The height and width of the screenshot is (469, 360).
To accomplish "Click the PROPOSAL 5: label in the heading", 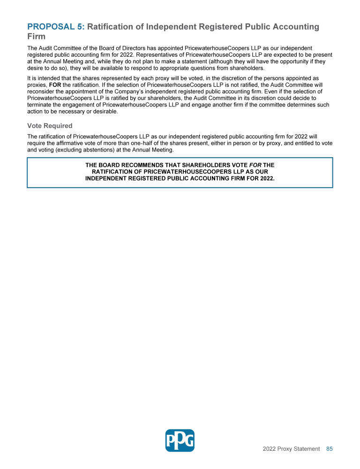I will click(x=56, y=27).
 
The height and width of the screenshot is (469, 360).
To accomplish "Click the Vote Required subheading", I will click(x=50, y=126).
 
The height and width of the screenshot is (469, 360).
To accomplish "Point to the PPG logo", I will click(x=180, y=440).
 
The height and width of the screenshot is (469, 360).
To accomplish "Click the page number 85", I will click(x=330, y=449).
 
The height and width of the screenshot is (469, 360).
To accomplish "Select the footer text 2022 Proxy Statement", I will click(x=291, y=449).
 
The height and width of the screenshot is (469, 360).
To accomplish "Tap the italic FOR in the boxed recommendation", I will click(x=255, y=165).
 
